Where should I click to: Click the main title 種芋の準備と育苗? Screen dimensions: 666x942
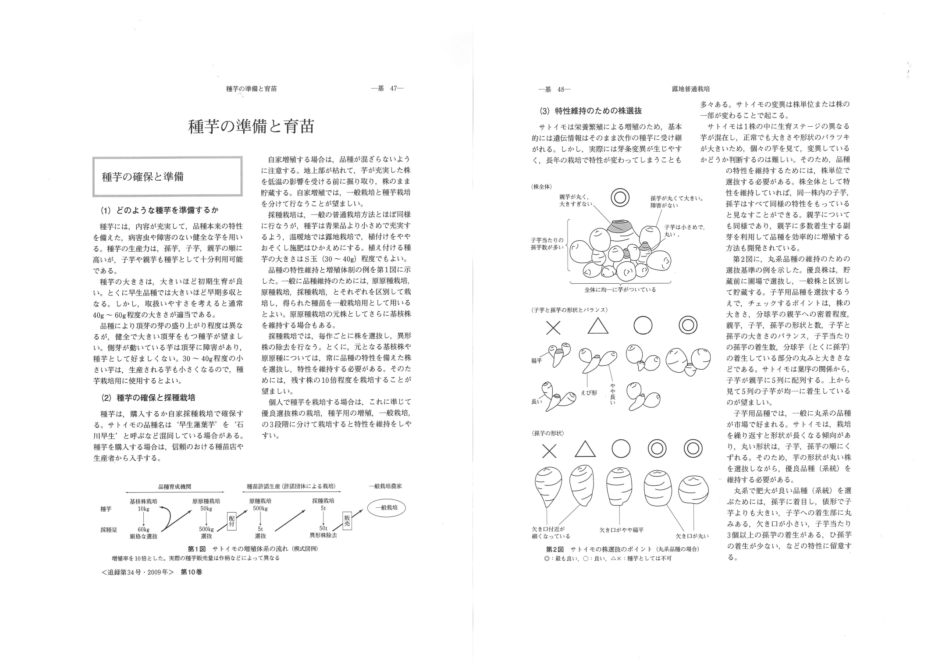[251, 127]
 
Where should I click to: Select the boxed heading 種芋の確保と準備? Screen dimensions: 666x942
[142, 177]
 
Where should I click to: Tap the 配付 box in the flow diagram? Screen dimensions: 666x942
[232, 521]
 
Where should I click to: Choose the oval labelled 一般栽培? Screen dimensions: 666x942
[386, 508]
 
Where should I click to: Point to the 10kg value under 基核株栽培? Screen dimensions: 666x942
[143, 509]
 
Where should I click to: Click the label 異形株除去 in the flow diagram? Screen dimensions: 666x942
[323, 535]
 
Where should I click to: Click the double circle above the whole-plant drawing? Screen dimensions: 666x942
[620, 198]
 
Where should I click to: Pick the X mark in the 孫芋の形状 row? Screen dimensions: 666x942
[549, 450]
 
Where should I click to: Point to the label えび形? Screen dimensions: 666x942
[589, 392]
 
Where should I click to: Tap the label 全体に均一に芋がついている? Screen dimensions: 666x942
[620, 290]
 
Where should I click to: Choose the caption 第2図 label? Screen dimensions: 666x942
[555, 549]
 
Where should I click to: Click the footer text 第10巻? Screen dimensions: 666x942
[192, 572]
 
